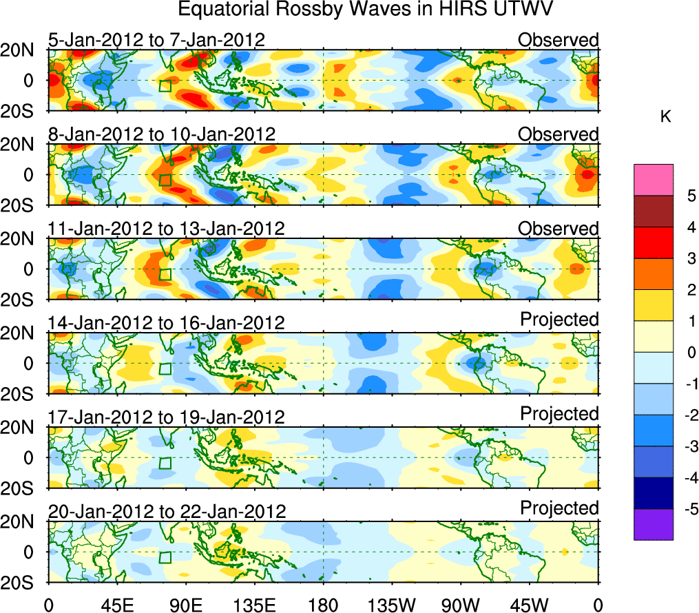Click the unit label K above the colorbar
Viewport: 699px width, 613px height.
[x=665, y=117]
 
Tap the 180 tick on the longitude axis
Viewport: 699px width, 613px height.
[x=323, y=605]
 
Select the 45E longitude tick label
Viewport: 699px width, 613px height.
[x=116, y=605]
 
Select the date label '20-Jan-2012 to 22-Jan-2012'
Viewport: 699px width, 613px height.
[x=167, y=512]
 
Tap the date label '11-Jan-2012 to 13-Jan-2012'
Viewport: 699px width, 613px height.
[x=167, y=229]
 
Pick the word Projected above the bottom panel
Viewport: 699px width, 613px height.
[x=559, y=508]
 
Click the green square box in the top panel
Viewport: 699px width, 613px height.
[x=165, y=86]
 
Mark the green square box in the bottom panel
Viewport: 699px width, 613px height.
[x=165, y=557]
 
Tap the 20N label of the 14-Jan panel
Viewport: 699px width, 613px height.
[x=22, y=333]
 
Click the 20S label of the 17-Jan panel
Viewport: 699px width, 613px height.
[x=22, y=488]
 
